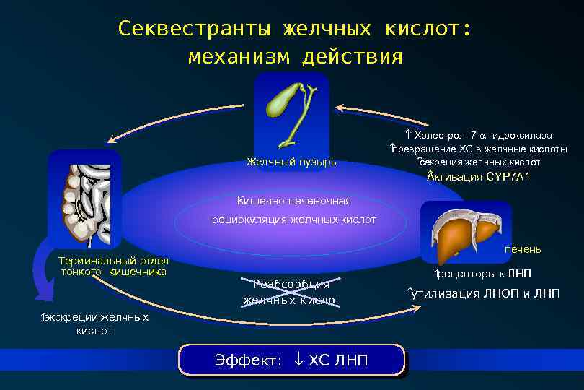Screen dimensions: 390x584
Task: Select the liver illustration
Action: coord(464,232)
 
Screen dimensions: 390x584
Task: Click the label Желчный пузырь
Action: coord(291,161)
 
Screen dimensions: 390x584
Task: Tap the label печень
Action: coord(522,249)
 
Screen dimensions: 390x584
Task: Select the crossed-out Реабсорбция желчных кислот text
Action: coord(291,292)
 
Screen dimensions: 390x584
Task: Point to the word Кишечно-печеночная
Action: coord(293,200)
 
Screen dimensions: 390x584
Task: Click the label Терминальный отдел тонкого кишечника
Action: coord(114,266)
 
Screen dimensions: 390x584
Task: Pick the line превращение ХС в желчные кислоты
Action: coord(479,149)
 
